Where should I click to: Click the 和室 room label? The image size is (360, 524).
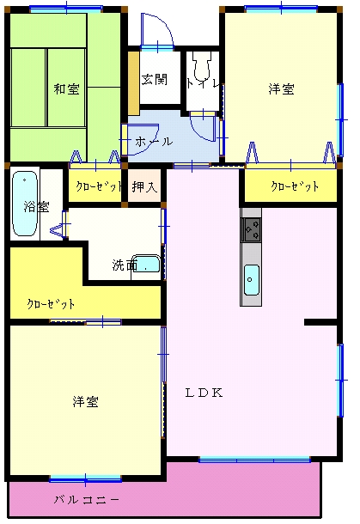tap(66, 89)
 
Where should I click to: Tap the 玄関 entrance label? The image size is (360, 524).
tap(154, 80)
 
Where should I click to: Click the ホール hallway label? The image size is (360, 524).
tap(154, 142)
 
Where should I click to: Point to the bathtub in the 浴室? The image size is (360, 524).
tap(25, 204)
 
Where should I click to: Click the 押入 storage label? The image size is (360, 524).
tap(144, 186)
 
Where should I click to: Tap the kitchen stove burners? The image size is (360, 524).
tap(251, 229)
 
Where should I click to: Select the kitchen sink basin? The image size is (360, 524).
tap(252, 280)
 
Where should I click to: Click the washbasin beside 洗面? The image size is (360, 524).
tap(146, 264)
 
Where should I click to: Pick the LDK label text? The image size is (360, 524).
tap(204, 393)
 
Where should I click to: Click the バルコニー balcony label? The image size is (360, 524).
tap(87, 500)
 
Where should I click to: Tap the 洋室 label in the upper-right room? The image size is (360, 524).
tap(282, 89)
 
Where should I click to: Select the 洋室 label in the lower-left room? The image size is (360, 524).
tap(86, 401)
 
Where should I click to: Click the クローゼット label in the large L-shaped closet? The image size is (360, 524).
tap(51, 304)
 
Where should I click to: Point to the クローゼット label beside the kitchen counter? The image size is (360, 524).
tap(295, 186)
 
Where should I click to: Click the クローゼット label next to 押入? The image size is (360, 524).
tap(99, 186)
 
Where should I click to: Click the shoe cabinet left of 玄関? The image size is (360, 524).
tap(134, 82)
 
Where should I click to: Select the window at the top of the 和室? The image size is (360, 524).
tap(66, 9)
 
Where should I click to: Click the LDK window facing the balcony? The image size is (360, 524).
tap(254, 460)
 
